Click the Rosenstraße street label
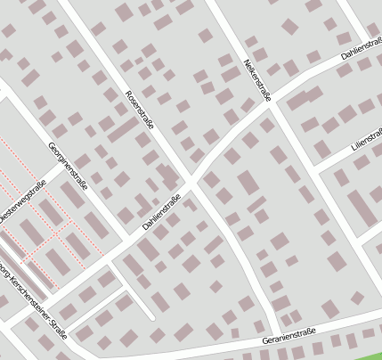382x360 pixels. pyautogui.click(x=140, y=110)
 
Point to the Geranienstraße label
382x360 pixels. pyautogui.click(x=290, y=339)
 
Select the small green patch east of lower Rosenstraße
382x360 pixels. pyautogui.click(x=290, y=260)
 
